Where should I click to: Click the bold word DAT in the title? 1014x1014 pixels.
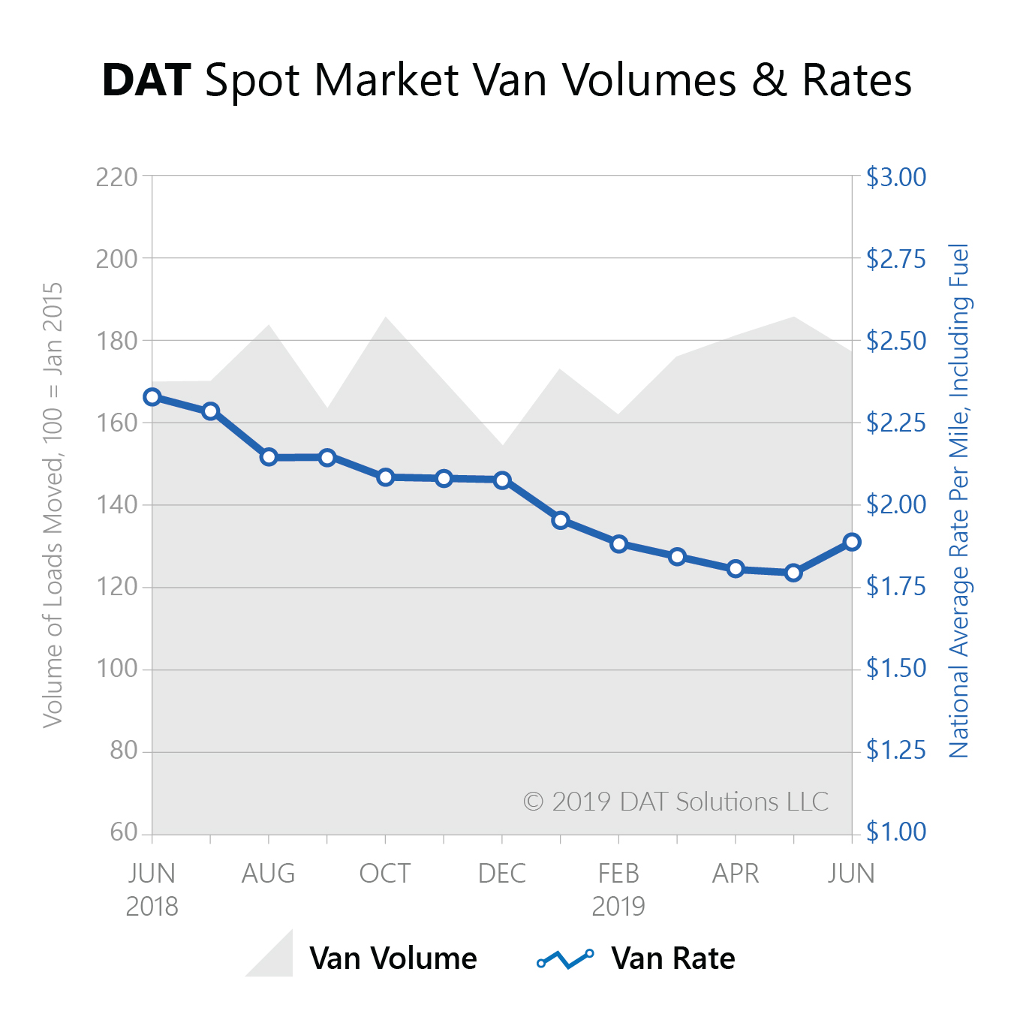146,80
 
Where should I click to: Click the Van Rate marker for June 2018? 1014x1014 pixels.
152,397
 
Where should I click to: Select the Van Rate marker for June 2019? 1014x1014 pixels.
852,542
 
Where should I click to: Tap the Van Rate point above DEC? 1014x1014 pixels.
502,480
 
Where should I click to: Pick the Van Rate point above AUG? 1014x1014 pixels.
269,457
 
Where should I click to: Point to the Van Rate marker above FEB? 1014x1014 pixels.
619,544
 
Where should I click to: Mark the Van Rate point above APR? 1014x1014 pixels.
736,569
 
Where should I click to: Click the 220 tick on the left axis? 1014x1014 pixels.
117,177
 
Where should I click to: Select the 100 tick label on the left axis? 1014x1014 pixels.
117,668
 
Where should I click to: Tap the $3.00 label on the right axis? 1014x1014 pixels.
895,177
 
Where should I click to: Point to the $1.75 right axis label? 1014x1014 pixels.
895,586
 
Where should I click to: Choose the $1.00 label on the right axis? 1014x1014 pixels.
895,832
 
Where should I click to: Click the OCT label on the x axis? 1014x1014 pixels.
385,874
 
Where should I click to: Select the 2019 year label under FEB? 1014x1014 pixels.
618,907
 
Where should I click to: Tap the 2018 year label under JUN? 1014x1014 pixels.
152,907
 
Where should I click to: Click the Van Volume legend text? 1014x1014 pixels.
393,958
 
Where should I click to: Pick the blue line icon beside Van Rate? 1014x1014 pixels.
565,958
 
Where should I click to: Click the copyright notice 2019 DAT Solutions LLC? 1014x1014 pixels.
675,802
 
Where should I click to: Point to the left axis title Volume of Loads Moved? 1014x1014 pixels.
52,504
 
